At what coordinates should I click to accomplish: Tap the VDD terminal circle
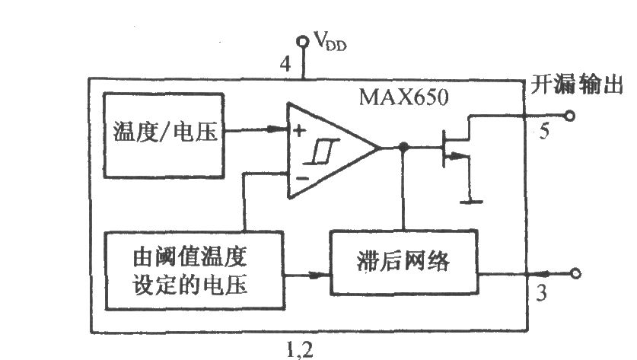(302, 41)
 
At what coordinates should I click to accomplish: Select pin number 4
(285, 64)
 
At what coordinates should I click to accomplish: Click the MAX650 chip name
(404, 97)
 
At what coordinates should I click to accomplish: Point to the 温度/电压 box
(164, 135)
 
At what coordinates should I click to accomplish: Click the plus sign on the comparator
(299, 131)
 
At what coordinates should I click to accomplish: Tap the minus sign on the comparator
(303, 178)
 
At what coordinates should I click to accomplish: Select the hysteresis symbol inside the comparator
(321, 151)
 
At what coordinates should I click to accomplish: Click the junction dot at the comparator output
(403, 147)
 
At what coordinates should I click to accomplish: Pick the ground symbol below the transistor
(471, 201)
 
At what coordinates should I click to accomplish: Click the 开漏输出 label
(577, 85)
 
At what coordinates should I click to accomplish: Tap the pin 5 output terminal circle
(570, 116)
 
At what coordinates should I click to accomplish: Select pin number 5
(544, 131)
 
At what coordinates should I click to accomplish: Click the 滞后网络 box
(403, 262)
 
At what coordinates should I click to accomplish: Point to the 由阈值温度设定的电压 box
(194, 271)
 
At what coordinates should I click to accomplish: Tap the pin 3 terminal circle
(575, 273)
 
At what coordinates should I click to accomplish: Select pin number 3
(541, 293)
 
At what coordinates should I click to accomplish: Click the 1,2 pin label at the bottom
(300, 349)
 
